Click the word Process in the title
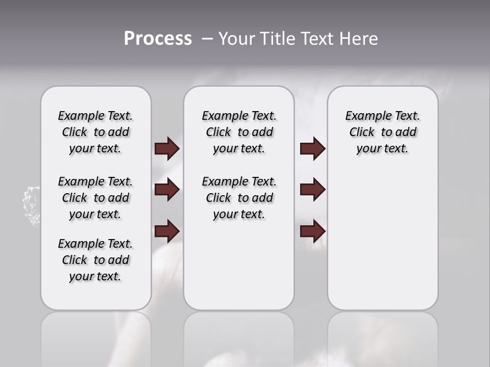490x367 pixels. coord(158,39)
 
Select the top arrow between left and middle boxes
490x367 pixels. coord(167,149)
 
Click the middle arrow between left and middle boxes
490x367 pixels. coord(167,190)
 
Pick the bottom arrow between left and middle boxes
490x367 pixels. coord(167,231)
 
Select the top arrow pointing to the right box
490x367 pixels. coord(312,149)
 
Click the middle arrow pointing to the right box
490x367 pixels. coord(312,190)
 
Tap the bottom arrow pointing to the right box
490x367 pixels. coord(312,231)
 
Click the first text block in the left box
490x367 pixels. coord(95,132)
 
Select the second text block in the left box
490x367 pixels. coord(95,198)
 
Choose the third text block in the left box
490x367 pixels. coord(95,260)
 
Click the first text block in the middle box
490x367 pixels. coord(239,132)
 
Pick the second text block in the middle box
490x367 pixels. coord(239,198)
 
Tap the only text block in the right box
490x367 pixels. coord(382,132)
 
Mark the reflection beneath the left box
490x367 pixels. coord(95,336)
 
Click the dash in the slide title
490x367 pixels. coord(207,39)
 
